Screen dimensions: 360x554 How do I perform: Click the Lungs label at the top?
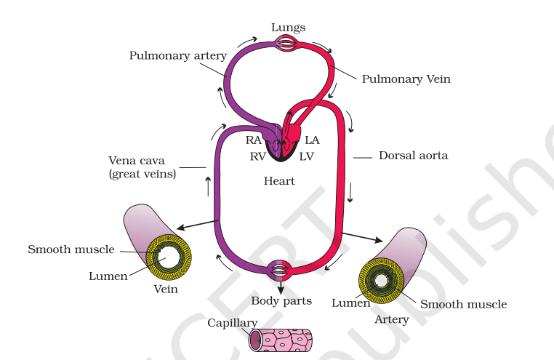tap(288, 28)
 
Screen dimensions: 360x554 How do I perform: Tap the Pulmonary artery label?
tap(178, 55)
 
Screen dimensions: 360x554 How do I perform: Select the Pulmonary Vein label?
tap(406, 79)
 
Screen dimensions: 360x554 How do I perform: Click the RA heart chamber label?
tap(254, 140)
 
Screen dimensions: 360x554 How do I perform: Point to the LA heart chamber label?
tap(312, 140)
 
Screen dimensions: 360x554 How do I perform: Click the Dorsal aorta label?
tap(413, 156)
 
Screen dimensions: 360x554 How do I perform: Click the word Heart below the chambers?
tap(279, 180)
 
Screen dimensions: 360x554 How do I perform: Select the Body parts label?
tap(281, 300)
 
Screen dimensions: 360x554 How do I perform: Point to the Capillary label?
tap(232, 323)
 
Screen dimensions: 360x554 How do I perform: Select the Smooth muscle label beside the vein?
tap(71, 249)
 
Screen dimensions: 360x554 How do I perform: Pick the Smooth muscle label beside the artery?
tap(463, 304)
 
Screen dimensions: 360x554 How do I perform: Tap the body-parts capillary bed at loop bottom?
tap(280, 271)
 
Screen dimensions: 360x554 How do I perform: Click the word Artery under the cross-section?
tap(391, 319)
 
